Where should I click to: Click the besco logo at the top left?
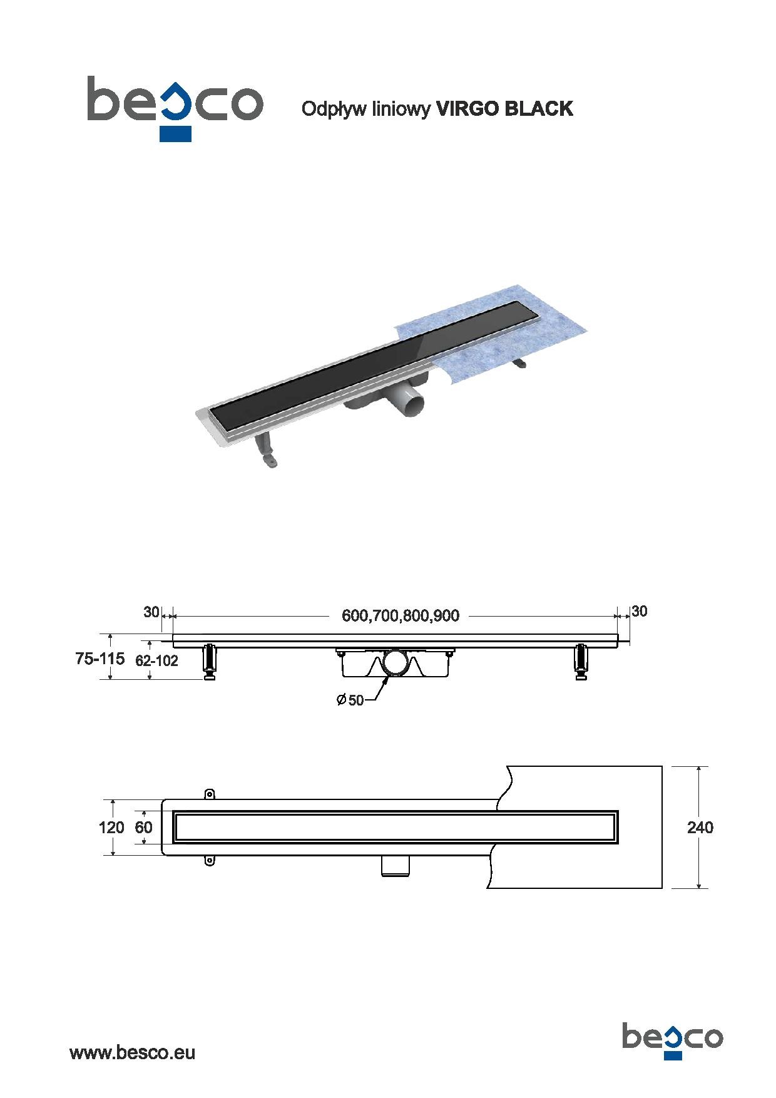(175, 108)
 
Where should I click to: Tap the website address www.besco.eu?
(132, 1052)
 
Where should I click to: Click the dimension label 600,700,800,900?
(401, 616)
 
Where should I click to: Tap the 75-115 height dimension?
(100, 659)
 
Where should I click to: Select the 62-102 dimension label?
(156, 660)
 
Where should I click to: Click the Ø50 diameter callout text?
(350, 700)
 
